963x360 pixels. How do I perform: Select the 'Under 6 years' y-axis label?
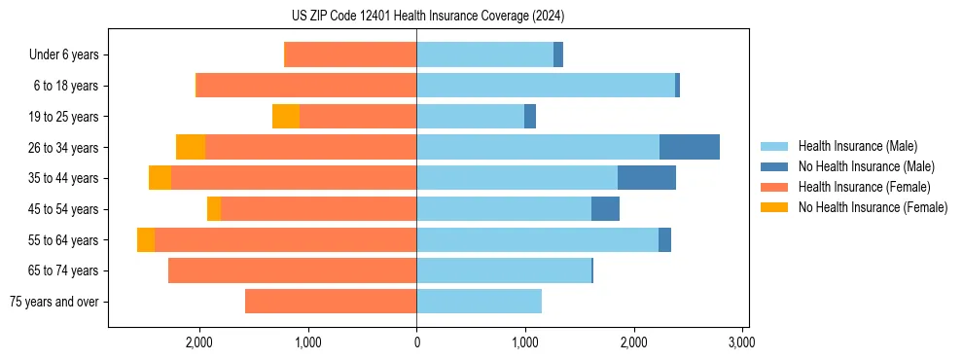point(64,55)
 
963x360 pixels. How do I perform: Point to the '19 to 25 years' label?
point(63,117)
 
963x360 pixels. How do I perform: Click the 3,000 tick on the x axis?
point(741,342)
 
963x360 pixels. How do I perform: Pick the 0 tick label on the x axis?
point(416,342)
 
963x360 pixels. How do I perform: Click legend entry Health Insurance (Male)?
point(857,146)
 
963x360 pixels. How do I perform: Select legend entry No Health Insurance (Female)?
point(873,207)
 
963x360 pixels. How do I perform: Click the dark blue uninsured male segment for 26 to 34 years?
point(689,147)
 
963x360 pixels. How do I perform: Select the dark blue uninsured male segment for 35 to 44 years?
point(646,178)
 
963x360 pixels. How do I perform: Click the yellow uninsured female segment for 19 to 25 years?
point(286,117)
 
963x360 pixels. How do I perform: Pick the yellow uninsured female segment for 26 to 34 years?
point(191,147)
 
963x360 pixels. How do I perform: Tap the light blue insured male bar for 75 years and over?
point(479,302)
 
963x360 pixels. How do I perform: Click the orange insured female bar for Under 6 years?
point(350,55)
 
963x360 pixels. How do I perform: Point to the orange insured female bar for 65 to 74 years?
point(292,270)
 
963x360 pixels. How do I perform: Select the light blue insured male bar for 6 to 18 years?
point(545,86)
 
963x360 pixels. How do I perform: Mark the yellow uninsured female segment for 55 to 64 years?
point(146,240)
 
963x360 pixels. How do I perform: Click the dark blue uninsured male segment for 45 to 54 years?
point(605,209)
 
